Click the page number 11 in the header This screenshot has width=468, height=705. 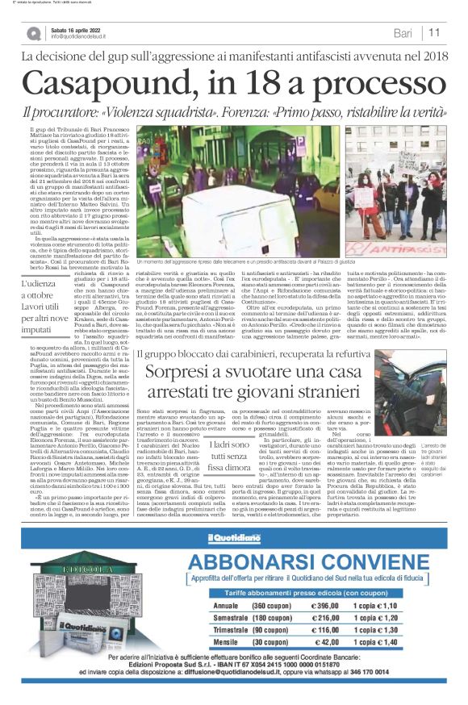pos(434,32)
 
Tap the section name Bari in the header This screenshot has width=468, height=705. pos(403,32)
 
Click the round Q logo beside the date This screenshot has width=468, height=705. pos(32,33)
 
